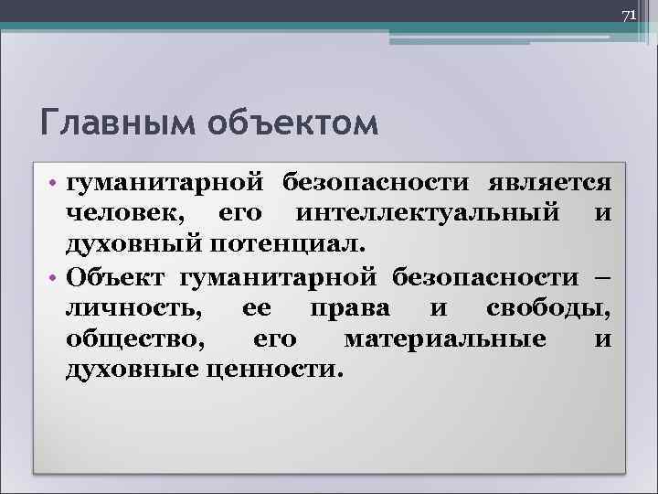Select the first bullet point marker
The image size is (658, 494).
[55, 184]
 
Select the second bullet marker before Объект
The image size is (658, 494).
[55, 277]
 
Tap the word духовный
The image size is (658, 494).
[135, 245]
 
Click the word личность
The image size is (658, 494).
[132, 307]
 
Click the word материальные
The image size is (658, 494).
[445, 338]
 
